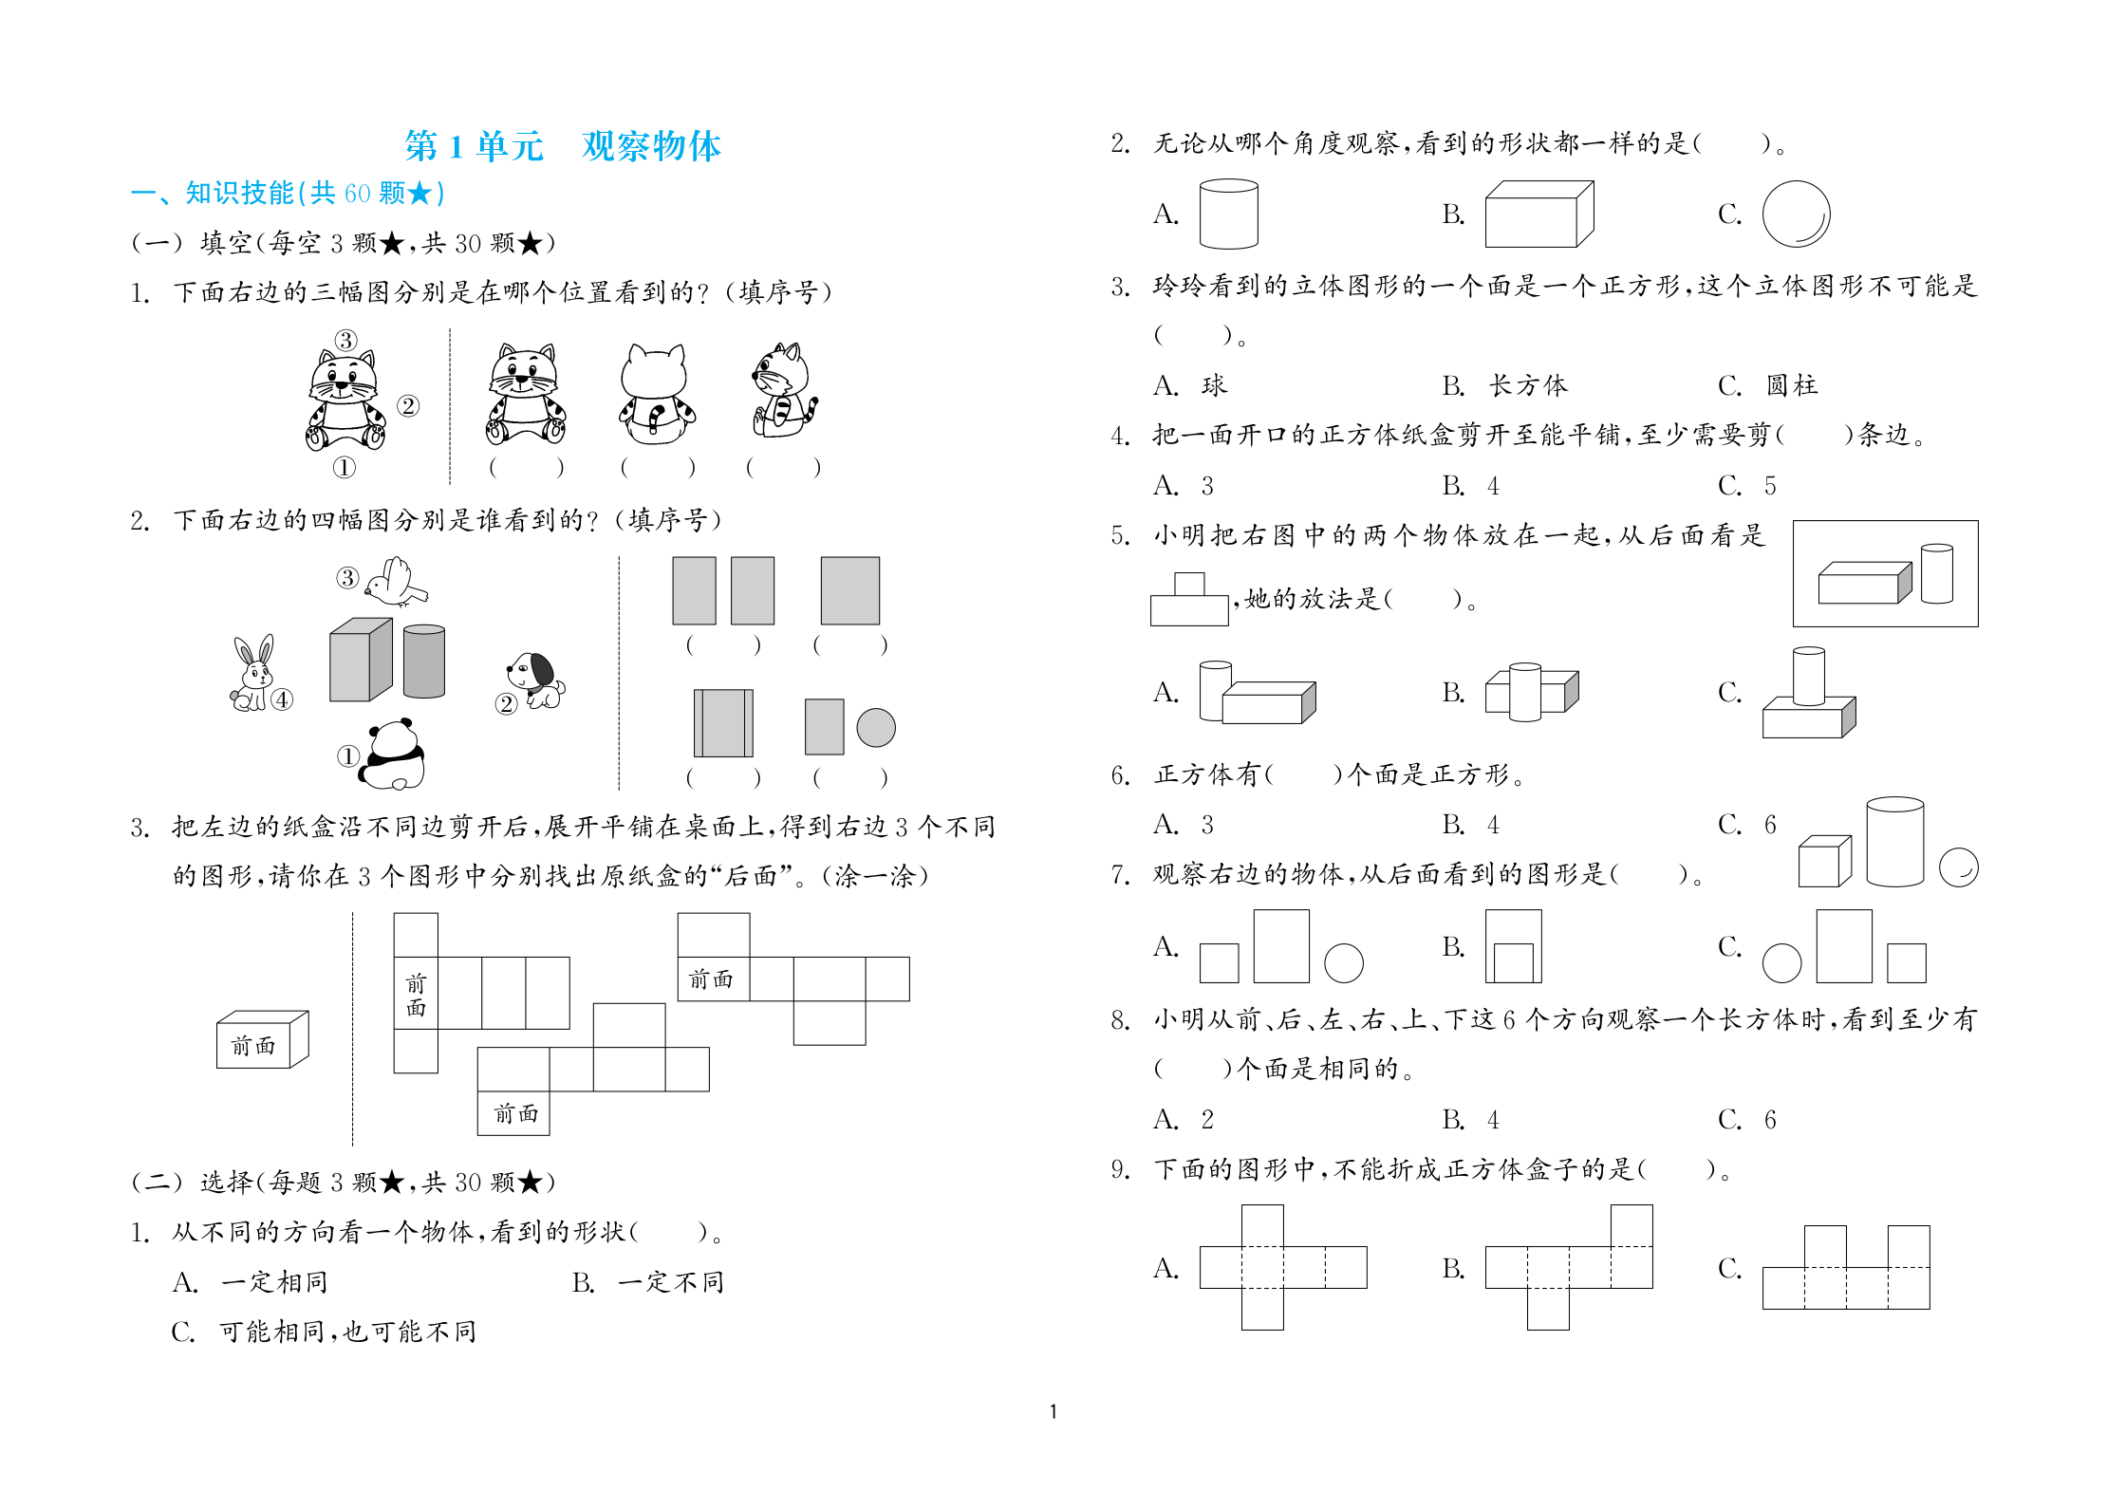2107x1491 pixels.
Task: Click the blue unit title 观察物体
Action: (x=651, y=146)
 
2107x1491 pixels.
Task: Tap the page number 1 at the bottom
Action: (x=1053, y=1411)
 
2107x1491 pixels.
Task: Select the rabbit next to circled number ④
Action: (x=252, y=674)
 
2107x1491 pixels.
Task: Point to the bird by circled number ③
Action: (x=397, y=581)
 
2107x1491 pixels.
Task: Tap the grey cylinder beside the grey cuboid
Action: (x=424, y=661)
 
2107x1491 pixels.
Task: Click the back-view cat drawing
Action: (x=657, y=394)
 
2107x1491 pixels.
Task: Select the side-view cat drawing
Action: (x=784, y=390)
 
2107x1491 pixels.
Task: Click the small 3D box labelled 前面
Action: (x=263, y=1039)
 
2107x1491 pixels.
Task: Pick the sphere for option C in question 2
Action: (x=1796, y=214)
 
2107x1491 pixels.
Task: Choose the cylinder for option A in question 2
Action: (x=1229, y=214)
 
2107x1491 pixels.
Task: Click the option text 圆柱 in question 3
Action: (x=1792, y=385)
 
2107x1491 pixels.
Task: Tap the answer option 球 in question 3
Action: (x=1214, y=385)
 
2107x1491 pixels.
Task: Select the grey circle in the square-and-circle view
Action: (x=876, y=728)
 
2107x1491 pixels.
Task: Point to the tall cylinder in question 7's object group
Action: (x=1895, y=842)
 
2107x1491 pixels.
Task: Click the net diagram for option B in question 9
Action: (x=1569, y=1267)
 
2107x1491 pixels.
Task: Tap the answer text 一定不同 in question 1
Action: (x=671, y=1282)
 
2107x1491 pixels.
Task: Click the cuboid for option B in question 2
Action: (x=1539, y=214)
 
